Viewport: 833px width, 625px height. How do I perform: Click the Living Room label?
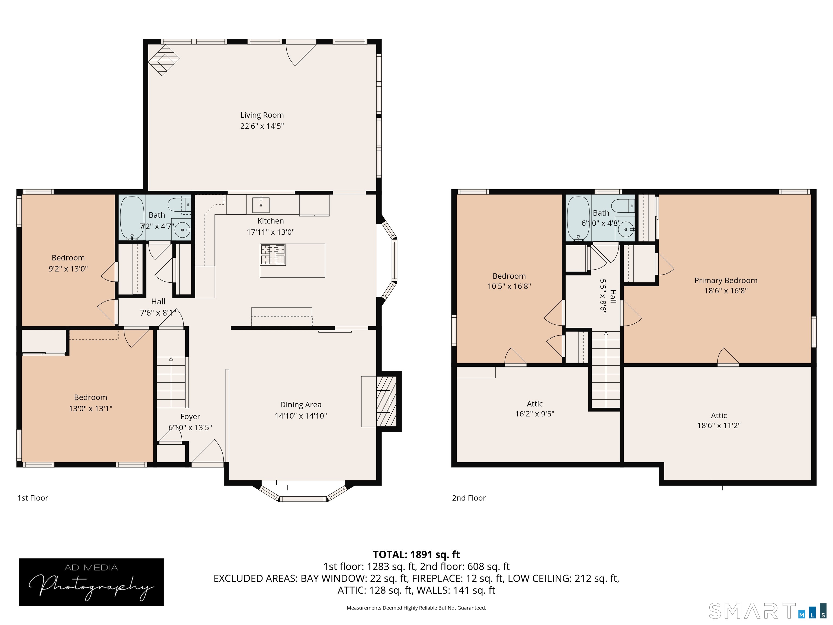point(262,115)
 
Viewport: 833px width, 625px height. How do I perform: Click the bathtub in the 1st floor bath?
point(132,218)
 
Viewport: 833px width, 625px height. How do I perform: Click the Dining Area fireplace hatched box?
point(386,401)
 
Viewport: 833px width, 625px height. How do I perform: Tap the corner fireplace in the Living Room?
point(164,60)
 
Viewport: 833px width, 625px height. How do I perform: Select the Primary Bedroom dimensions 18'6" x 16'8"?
point(726,291)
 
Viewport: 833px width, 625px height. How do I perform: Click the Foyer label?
point(190,416)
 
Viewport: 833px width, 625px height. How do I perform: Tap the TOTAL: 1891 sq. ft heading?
point(416,554)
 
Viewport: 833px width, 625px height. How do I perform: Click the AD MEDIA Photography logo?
point(91,582)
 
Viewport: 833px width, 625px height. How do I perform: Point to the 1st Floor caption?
point(33,498)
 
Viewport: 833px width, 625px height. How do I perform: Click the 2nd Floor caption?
point(469,498)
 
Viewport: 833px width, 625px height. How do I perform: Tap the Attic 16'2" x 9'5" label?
point(535,409)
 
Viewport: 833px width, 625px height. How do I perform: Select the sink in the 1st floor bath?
point(183,229)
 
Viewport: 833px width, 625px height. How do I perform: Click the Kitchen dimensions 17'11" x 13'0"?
point(270,232)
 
